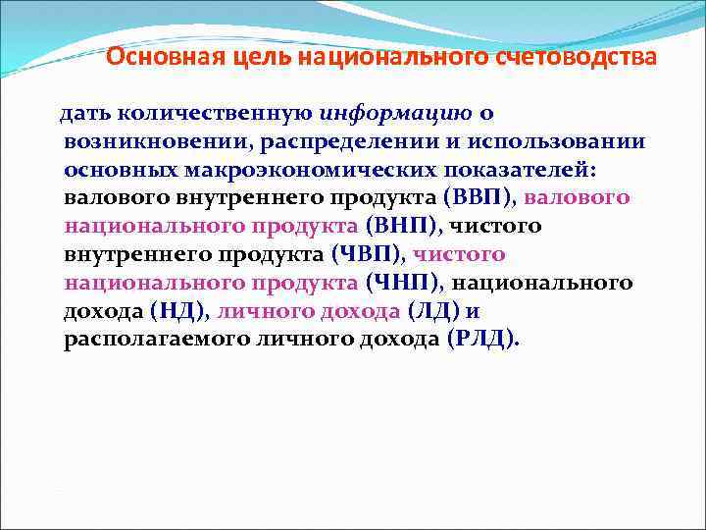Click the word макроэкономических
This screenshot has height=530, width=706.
tap(297, 170)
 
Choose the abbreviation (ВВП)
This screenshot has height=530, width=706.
tap(478, 198)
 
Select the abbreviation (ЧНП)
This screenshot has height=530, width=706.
tap(404, 284)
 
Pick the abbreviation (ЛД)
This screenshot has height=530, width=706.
tap(433, 312)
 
